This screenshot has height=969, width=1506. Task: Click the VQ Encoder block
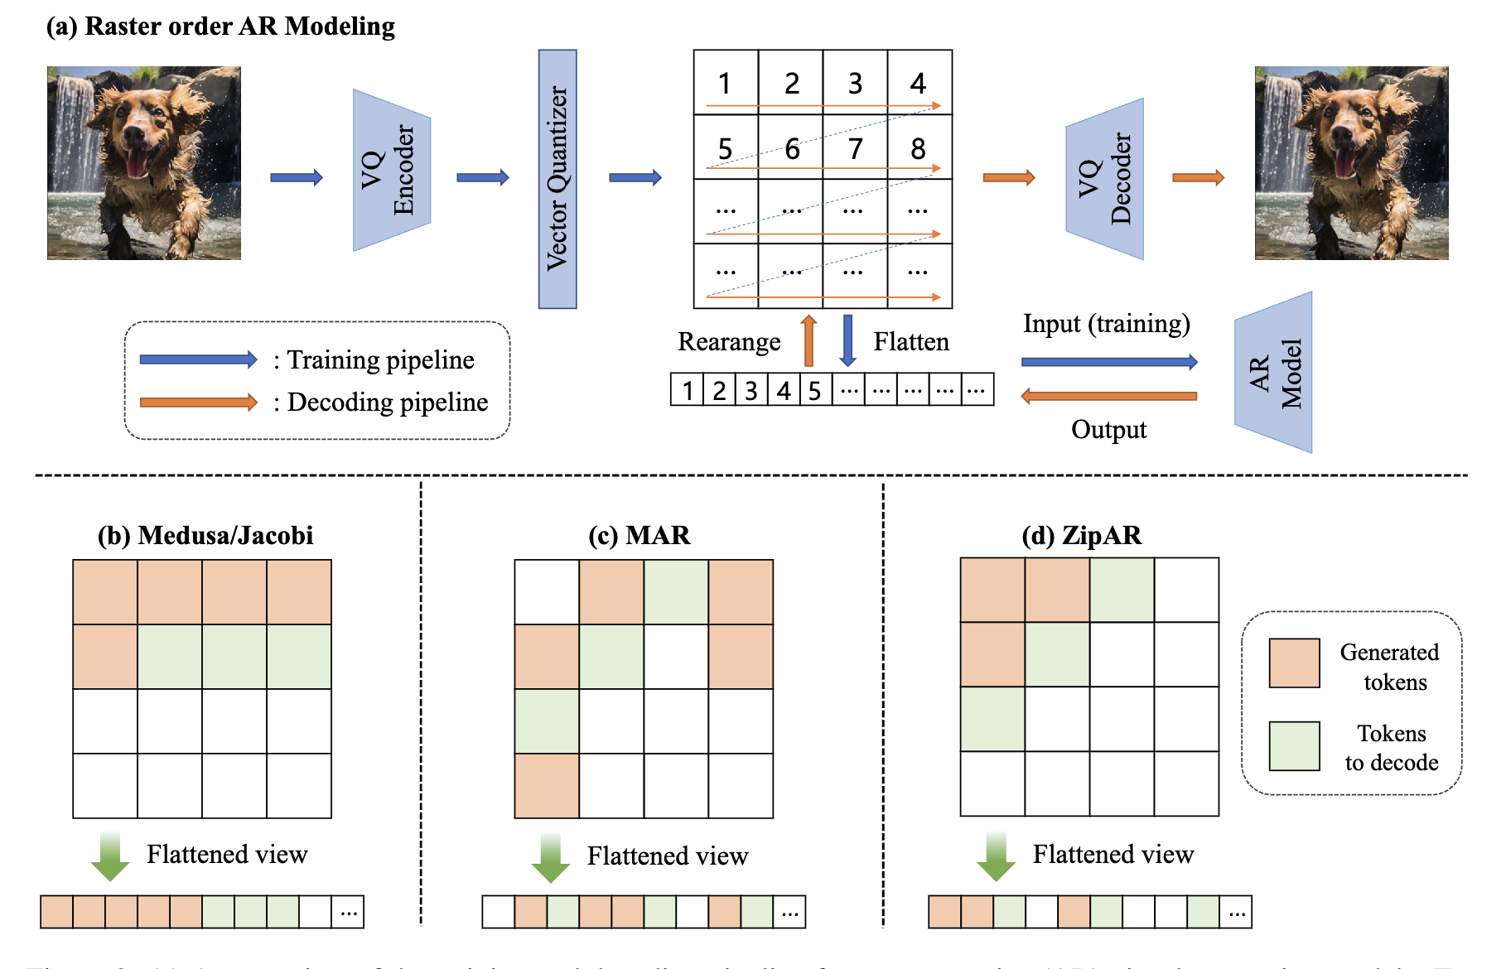pyautogui.click(x=392, y=170)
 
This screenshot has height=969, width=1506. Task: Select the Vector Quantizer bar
pyautogui.click(x=558, y=179)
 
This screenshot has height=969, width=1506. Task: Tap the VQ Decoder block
pyautogui.click(x=1104, y=179)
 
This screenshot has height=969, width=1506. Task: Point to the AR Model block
pyautogui.click(x=1274, y=372)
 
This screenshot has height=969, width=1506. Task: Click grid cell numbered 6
pyautogui.click(x=791, y=147)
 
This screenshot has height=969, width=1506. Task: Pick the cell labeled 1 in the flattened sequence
pyautogui.click(x=687, y=389)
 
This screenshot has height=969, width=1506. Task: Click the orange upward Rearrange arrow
pyautogui.click(x=809, y=340)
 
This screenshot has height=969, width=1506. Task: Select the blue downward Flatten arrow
pyautogui.click(x=847, y=340)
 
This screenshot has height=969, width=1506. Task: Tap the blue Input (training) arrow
pyautogui.click(x=1109, y=362)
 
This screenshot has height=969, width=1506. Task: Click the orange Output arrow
pyautogui.click(x=1109, y=396)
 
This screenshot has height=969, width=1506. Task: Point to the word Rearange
pyautogui.click(x=729, y=342)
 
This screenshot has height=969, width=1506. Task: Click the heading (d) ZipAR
pyautogui.click(x=1081, y=535)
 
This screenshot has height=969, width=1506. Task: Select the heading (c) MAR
pyautogui.click(x=639, y=535)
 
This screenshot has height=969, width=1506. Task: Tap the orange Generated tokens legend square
pyautogui.click(x=1294, y=663)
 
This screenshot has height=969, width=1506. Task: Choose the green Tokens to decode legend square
pyautogui.click(x=1294, y=745)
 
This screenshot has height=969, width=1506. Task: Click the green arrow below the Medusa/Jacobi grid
pyautogui.click(x=109, y=856)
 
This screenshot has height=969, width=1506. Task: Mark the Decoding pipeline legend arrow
pyautogui.click(x=199, y=403)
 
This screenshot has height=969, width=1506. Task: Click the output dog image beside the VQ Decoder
pyautogui.click(x=1351, y=163)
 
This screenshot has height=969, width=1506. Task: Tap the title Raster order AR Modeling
pyautogui.click(x=220, y=27)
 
